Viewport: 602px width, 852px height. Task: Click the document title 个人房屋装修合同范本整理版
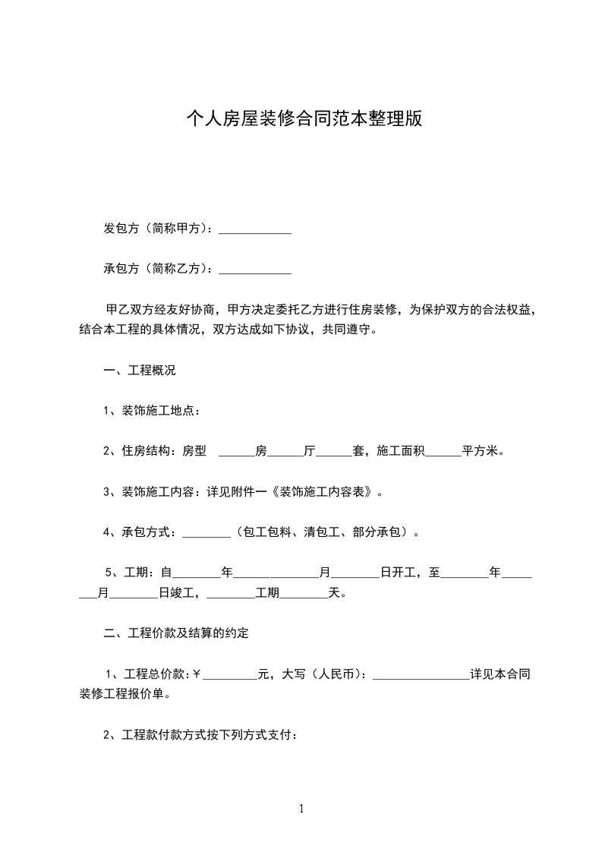tap(304, 118)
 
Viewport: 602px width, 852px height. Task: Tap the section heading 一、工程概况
tap(140, 371)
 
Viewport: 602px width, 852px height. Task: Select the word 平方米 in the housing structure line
tap(481, 451)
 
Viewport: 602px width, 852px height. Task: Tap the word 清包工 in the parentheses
tap(322, 532)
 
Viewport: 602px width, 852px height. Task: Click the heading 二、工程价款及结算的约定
tap(176, 633)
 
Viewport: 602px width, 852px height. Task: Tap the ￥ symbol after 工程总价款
tap(197, 673)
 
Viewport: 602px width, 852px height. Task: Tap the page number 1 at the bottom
tap(301, 809)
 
